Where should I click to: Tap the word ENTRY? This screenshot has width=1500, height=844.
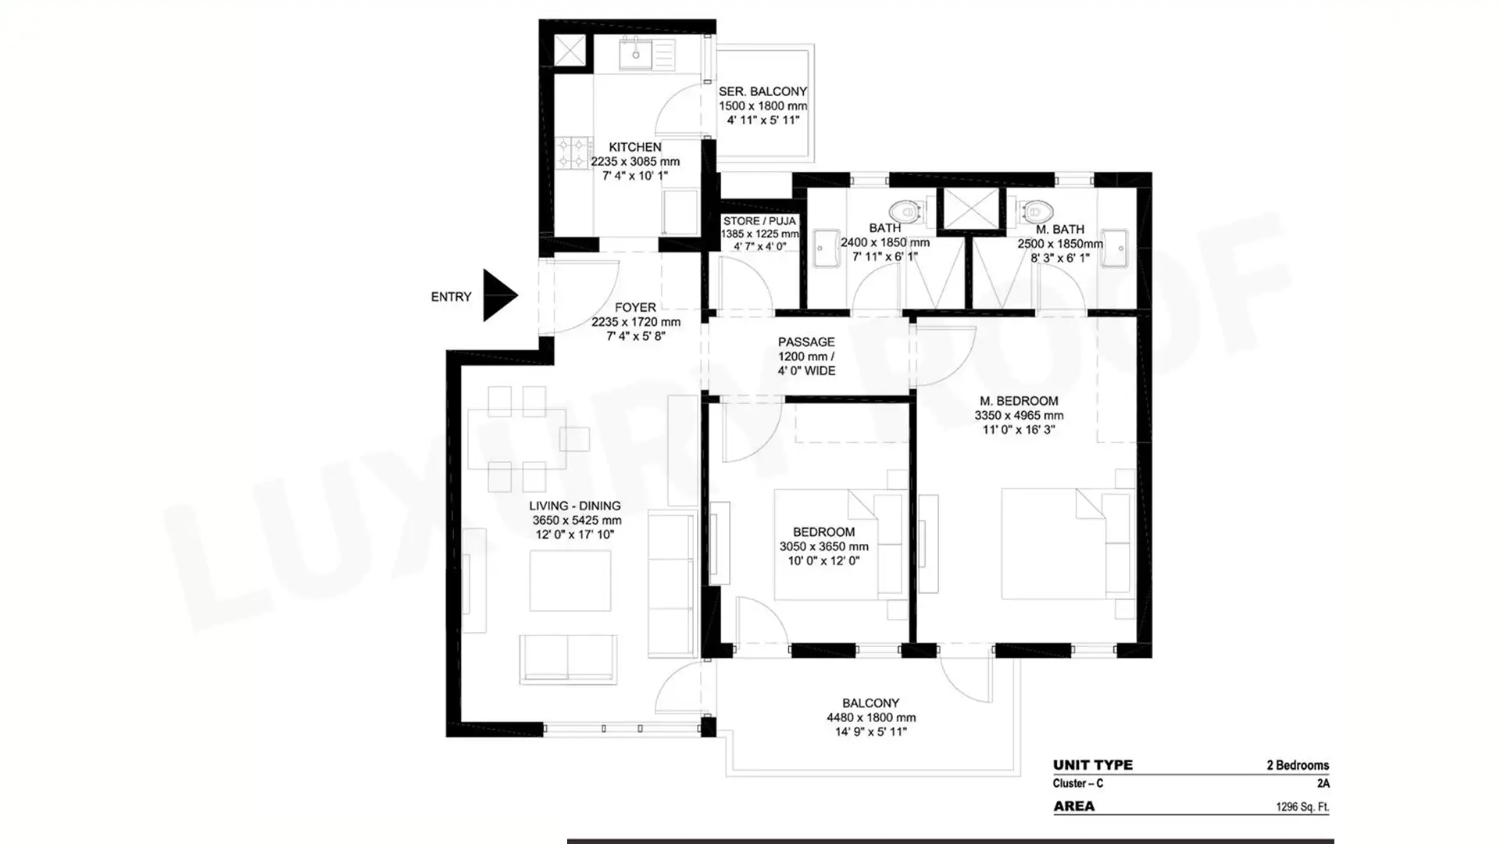pyautogui.click(x=452, y=297)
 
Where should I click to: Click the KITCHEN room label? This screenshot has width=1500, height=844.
pyautogui.click(x=635, y=147)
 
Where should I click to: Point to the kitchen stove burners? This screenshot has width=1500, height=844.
pyautogui.click(x=573, y=153)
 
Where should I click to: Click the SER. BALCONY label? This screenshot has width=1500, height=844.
pyautogui.click(x=763, y=91)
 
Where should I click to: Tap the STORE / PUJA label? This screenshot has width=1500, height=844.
pyautogui.click(x=759, y=221)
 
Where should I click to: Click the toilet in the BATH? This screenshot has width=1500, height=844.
pyautogui.click(x=906, y=211)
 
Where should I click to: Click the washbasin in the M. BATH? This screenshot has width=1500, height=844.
pyautogui.click(x=1115, y=249)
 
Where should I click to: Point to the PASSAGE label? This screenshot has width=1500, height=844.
pyautogui.click(x=806, y=342)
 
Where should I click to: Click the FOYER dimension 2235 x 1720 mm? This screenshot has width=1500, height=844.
pyautogui.click(x=636, y=322)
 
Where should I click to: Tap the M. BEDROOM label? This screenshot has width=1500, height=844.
pyautogui.click(x=1019, y=401)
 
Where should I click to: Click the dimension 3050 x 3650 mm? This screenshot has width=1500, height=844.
pyautogui.click(x=824, y=546)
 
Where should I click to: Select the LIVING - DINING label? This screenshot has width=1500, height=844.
pyautogui.click(x=575, y=506)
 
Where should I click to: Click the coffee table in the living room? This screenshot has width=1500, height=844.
pyautogui.click(x=570, y=581)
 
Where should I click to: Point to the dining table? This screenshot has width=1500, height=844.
pyautogui.click(x=517, y=438)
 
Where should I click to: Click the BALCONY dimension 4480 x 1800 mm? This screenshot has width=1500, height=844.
pyautogui.click(x=871, y=717)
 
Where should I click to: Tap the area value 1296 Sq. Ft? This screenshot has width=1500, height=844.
pyautogui.click(x=1302, y=806)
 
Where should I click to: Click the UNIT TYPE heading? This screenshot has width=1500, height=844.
pyautogui.click(x=1093, y=765)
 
